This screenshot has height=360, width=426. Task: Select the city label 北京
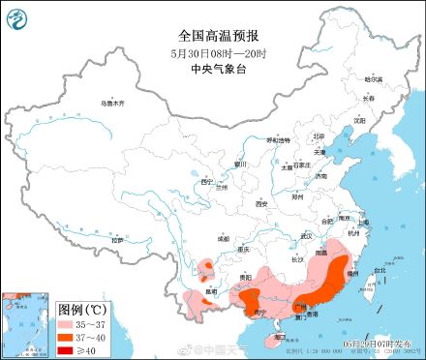pos(319,136)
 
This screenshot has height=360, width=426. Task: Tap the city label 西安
pos(259,204)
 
